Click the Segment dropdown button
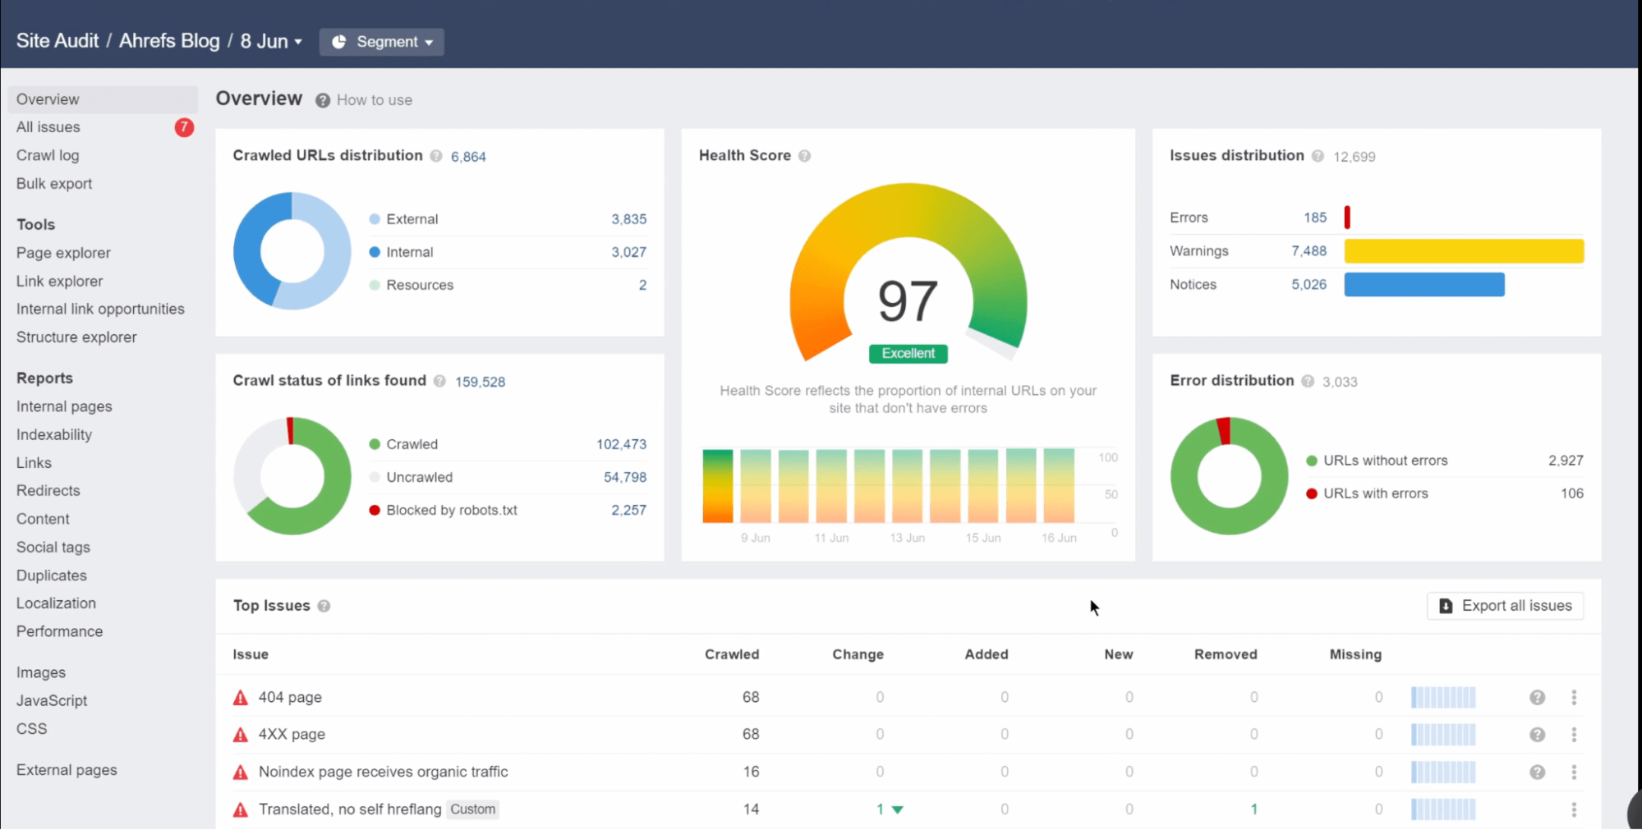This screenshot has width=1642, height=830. (x=382, y=42)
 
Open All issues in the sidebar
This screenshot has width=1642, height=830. (x=48, y=127)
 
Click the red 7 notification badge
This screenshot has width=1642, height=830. (x=184, y=127)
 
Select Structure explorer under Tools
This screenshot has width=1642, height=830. (x=76, y=337)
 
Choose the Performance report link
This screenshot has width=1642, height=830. (x=59, y=631)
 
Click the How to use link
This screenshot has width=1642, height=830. (x=374, y=100)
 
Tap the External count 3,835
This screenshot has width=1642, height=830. (x=628, y=219)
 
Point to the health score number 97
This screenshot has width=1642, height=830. (x=907, y=301)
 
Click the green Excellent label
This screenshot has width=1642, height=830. (x=908, y=354)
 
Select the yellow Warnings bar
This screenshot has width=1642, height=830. (x=1463, y=251)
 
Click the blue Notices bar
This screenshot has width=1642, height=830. (x=1424, y=285)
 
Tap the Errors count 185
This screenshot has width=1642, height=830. (x=1314, y=218)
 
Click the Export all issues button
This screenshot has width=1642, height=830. (x=1505, y=606)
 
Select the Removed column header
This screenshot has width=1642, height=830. (x=1225, y=654)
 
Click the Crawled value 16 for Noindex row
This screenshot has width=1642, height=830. (x=751, y=772)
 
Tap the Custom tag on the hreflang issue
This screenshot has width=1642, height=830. (x=473, y=809)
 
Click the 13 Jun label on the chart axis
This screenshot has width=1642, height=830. (x=907, y=538)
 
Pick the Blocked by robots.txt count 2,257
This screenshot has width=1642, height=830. (x=628, y=510)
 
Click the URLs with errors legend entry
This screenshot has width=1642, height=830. (x=1375, y=493)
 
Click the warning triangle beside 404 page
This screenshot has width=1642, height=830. (x=241, y=698)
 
